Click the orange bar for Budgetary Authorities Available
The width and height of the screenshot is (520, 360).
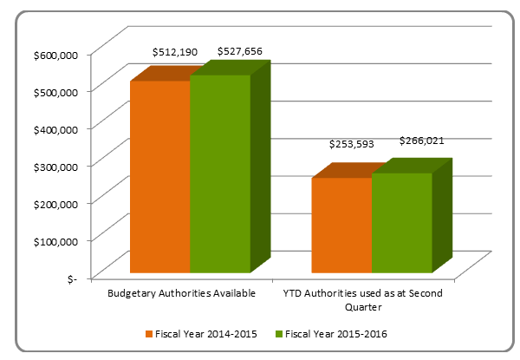coord(159,177)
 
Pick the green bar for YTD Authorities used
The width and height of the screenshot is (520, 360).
coord(402,223)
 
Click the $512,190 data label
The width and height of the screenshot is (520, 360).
coord(175,53)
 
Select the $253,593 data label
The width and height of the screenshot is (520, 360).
coord(351,144)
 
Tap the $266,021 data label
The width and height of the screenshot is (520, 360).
coord(422,141)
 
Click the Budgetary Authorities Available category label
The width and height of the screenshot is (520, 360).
coord(181,293)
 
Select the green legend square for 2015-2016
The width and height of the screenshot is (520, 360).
coord(279,334)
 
